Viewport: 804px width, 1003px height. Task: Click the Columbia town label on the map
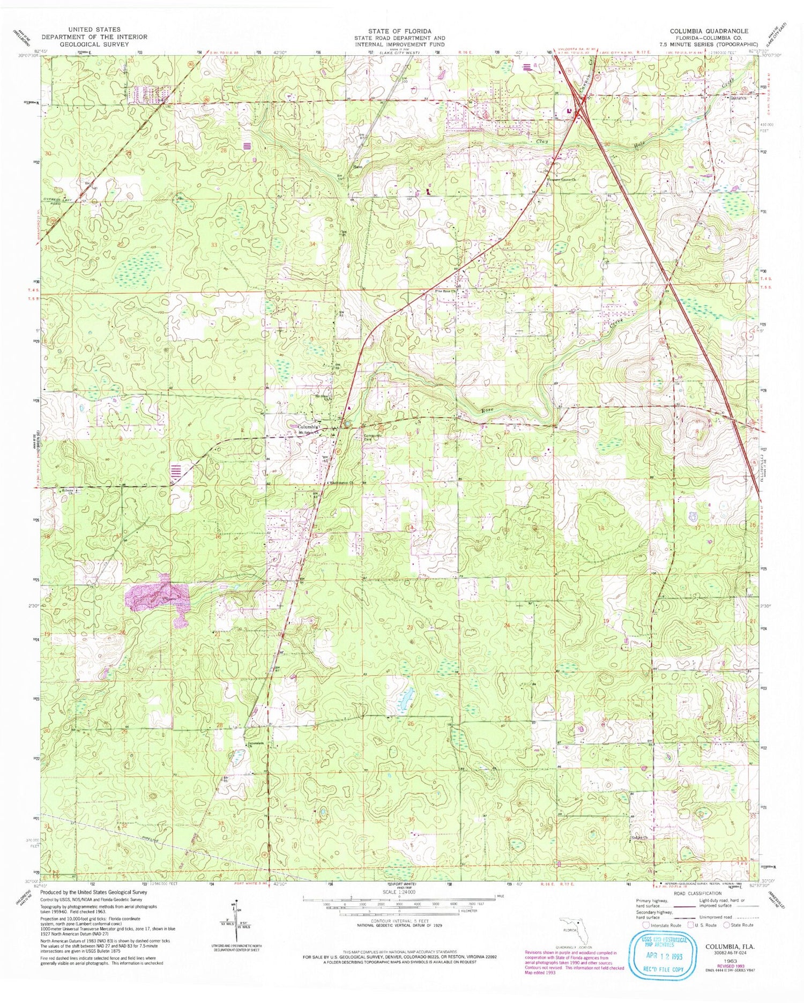(x=309, y=427)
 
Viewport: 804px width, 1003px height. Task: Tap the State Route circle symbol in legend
(x=728, y=924)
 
